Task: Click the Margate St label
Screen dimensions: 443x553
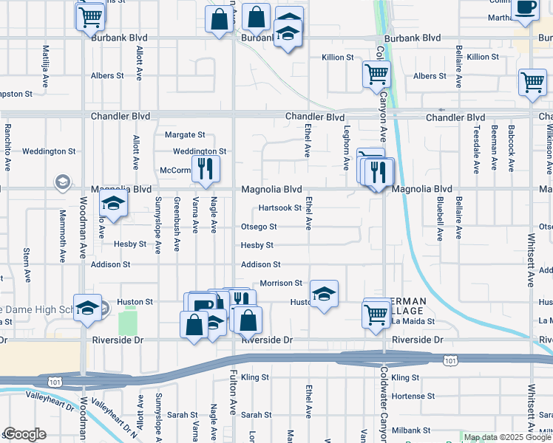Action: pos(184,134)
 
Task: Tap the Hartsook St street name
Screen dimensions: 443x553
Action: pos(279,208)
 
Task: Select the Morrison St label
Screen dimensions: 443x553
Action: pos(281,283)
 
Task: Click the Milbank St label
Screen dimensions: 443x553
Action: pos(411,430)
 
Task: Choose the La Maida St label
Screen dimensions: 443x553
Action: pos(413,322)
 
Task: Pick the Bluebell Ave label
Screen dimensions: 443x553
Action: pos(439,219)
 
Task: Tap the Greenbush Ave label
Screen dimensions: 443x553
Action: pos(177,224)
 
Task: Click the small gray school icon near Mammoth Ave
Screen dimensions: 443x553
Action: pos(63,182)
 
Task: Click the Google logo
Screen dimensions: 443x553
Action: pos(24,434)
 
